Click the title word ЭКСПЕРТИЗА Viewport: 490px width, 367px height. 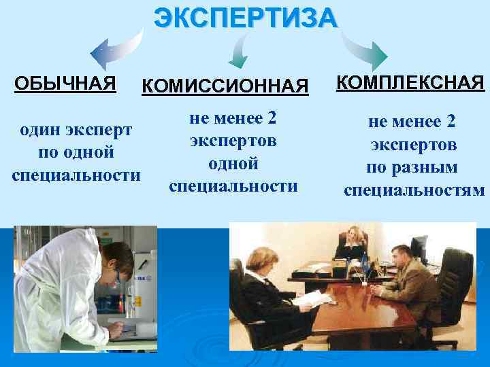(x=245, y=17)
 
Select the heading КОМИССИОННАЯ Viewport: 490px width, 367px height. (x=225, y=86)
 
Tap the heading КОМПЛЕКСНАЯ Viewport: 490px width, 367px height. (x=410, y=83)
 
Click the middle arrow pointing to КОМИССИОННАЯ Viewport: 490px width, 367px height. (x=240, y=52)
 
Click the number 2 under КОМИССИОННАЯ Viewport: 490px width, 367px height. (x=272, y=118)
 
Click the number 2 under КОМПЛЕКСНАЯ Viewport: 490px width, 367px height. (x=451, y=122)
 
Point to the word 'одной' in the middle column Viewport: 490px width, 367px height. (x=233, y=163)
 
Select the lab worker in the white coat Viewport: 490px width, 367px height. (x=61, y=292)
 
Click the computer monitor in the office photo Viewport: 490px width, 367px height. (x=418, y=247)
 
